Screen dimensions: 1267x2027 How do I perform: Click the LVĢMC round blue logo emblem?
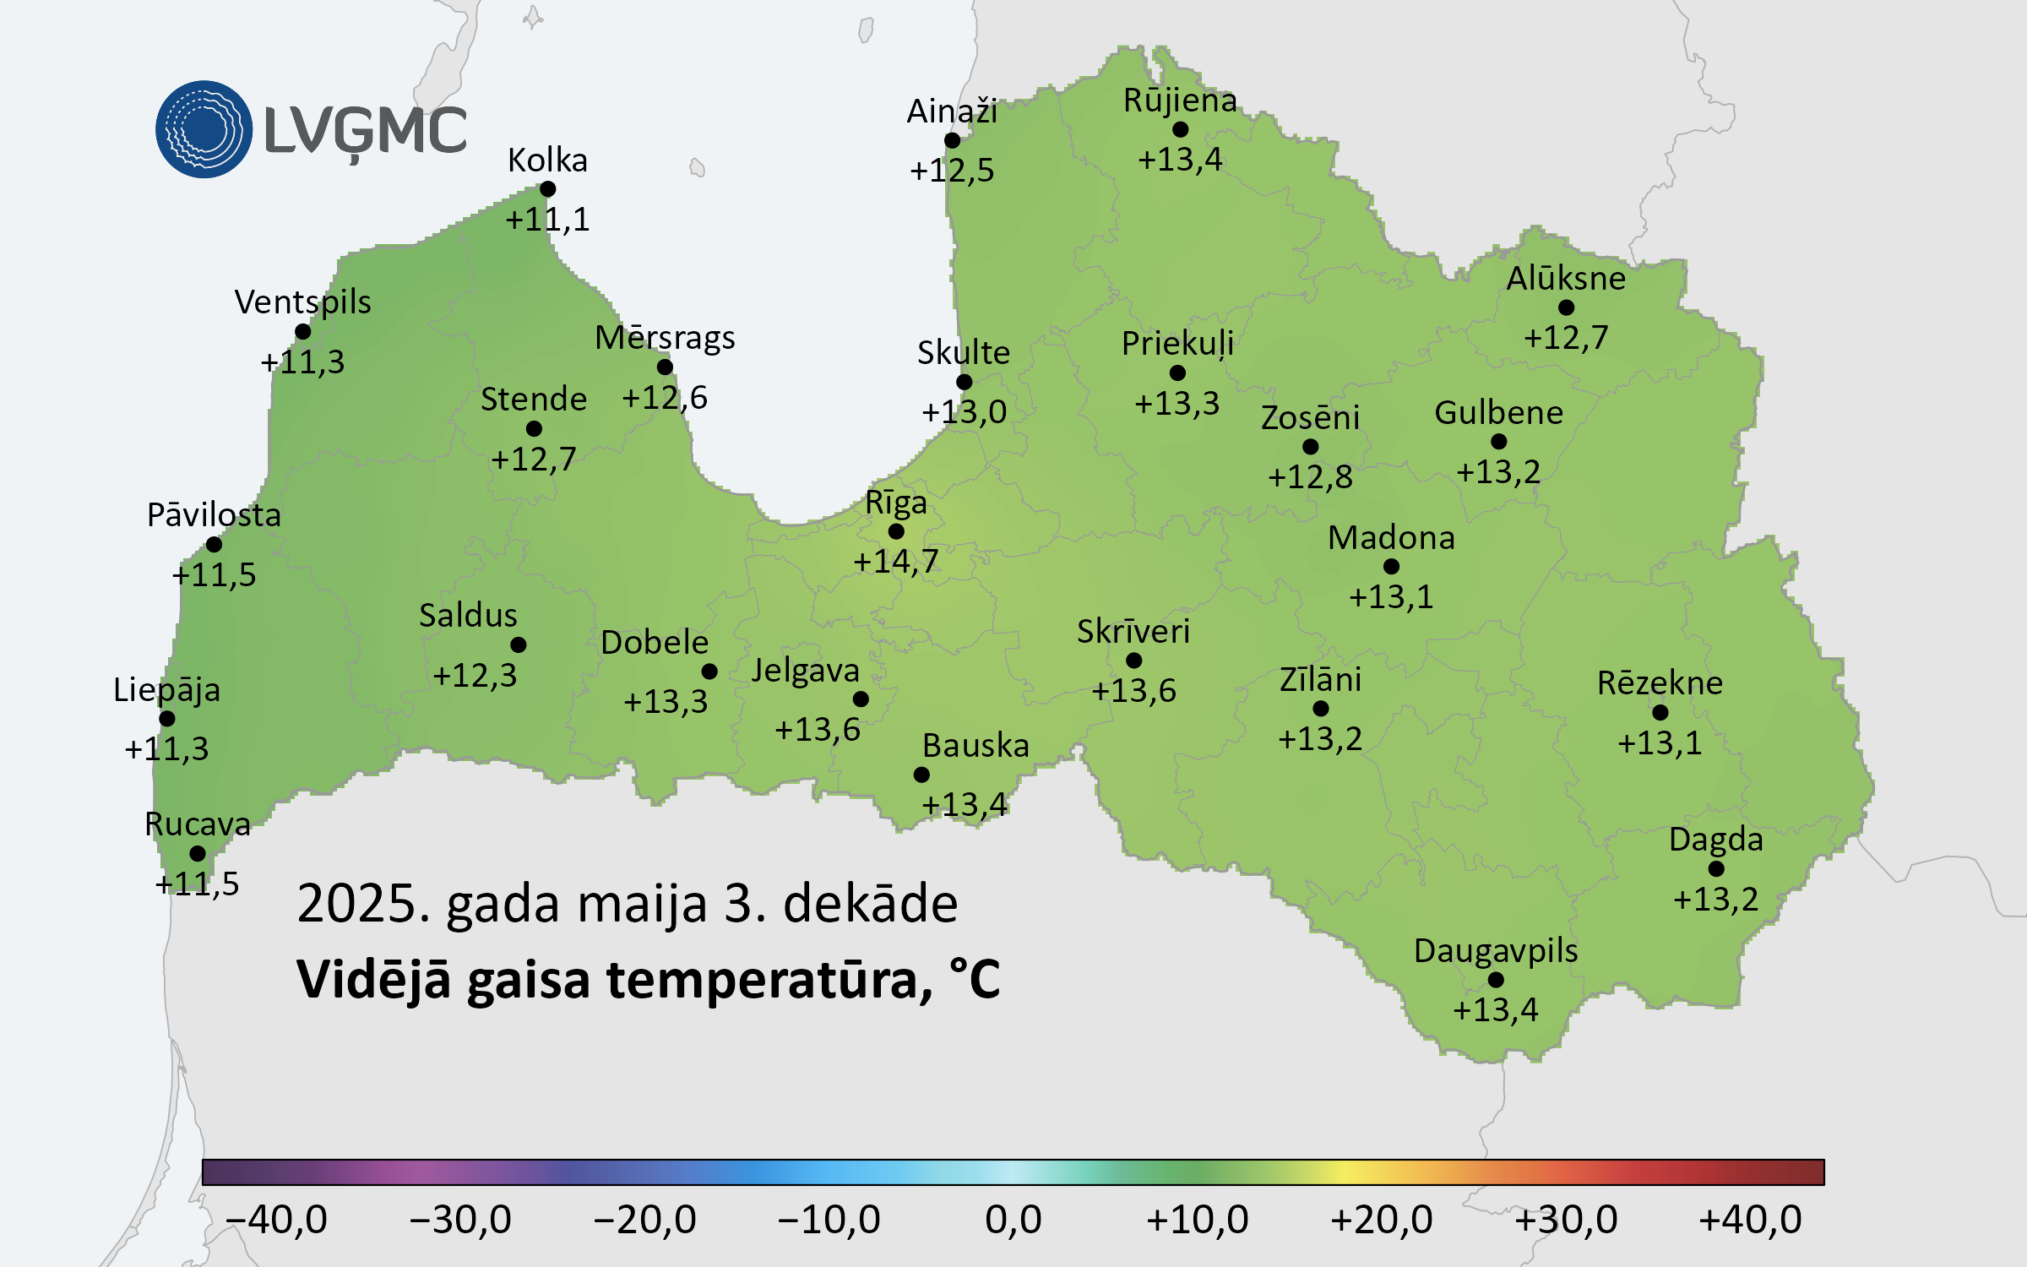[204, 129]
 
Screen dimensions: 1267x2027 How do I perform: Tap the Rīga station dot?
[896, 531]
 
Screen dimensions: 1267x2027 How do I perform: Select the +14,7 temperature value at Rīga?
[896, 562]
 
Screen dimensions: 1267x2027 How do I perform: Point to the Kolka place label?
[547, 160]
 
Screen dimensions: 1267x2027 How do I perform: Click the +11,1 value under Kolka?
[547, 220]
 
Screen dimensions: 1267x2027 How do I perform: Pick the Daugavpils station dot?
[1496, 980]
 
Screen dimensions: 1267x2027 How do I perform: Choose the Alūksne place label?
[1566, 279]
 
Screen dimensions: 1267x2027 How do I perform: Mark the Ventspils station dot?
[303, 332]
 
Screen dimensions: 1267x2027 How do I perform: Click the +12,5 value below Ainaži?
[952, 171]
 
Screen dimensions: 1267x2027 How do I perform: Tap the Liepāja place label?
[167, 690]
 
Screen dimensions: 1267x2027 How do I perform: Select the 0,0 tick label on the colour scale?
[1013, 1220]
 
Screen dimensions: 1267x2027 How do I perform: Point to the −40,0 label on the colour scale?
[276, 1220]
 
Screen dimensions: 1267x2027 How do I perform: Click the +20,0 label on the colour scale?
[1382, 1220]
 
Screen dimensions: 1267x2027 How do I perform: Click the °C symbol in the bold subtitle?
[974, 979]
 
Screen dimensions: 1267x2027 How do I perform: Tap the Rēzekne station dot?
[1660, 712]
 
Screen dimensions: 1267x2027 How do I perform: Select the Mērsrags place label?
[665, 338]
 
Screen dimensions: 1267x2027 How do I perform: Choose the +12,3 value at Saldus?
[475, 676]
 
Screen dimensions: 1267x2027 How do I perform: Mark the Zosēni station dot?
[1310, 446]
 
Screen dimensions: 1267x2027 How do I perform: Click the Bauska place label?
[975, 746]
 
